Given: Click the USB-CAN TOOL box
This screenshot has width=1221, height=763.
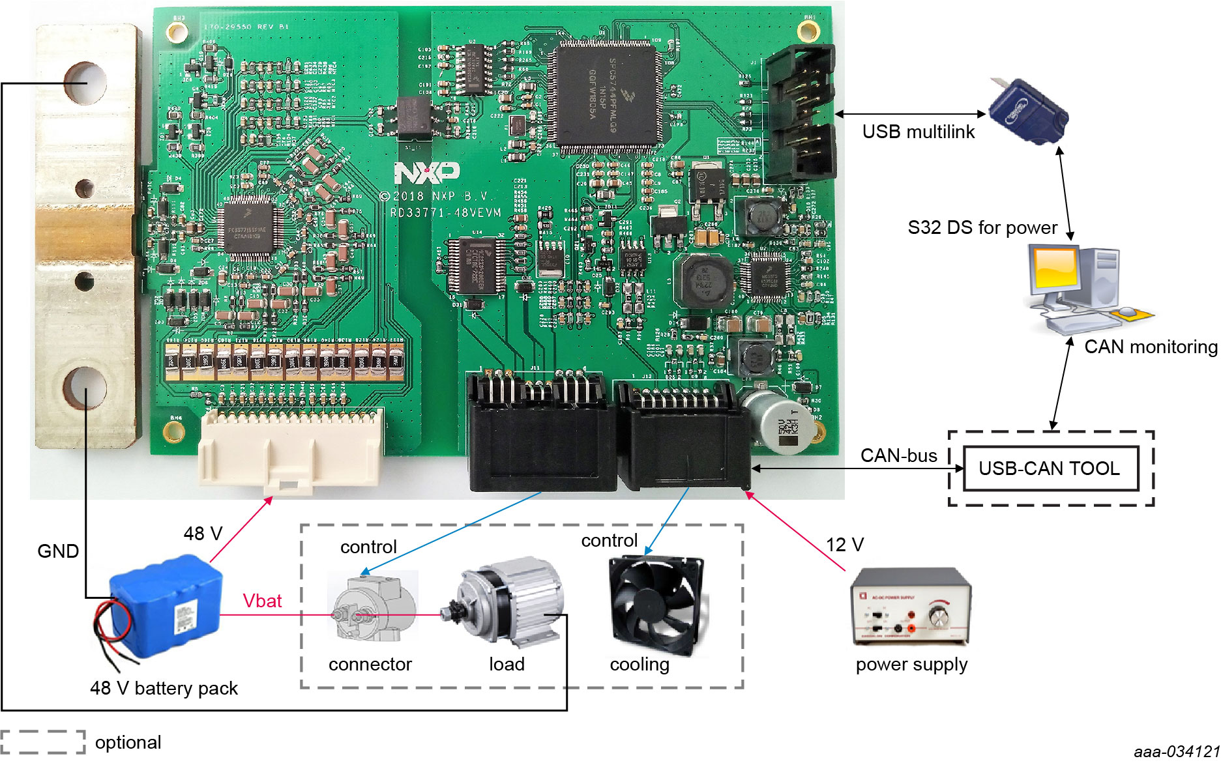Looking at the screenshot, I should pyautogui.click(x=1050, y=468).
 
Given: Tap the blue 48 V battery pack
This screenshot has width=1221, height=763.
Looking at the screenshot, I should pyautogui.click(x=166, y=606).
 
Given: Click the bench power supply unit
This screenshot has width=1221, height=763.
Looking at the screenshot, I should pyautogui.click(x=911, y=606).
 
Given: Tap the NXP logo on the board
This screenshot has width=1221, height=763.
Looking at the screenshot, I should pyautogui.click(x=426, y=173).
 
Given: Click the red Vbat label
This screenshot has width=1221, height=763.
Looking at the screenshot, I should pyautogui.click(x=262, y=600).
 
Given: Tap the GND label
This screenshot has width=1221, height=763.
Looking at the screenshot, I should pyautogui.click(x=58, y=551).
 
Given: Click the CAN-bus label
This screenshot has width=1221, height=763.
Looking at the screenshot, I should pyautogui.click(x=898, y=455).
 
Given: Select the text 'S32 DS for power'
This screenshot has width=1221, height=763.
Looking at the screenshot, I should pyautogui.click(x=982, y=227).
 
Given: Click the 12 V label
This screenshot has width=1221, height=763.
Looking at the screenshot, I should pyautogui.click(x=845, y=545).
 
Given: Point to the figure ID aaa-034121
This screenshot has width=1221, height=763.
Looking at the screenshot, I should pyautogui.click(x=1176, y=752).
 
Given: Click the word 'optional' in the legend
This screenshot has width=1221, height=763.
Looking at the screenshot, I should pyautogui.click(x=128, y=742).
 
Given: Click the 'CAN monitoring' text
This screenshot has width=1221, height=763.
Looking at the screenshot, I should pyautogui.click(x=1151, y=347).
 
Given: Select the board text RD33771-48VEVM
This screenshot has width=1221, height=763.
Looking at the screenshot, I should pyautogui.click(x=446, y=212).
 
